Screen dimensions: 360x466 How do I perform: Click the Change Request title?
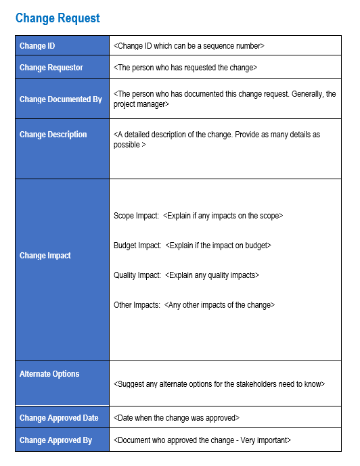pyautogui.click(x=58, y=19)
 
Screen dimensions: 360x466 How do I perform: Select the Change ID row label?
pyautogui.click(x=38, y=46)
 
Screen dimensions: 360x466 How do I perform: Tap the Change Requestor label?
pyautogui.click(x=51, y=68)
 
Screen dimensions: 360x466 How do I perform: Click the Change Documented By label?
pyautogui.click(x=61, y=99)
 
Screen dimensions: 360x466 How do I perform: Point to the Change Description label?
pyautogui.click(x=53, y=135)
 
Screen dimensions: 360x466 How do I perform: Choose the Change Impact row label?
pyautogui.click(x=45, y=256)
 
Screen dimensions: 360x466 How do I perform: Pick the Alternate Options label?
pyautogui.click(x=49, y=374)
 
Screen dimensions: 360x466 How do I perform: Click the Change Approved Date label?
pyautogui.click(x=59, y=418)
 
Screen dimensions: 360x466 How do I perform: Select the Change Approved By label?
pyautogui.click(x=55, y=440)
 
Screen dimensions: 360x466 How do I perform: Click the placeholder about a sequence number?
pyautogui.click(x=189, y=46)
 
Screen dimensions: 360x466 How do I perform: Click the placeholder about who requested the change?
pyautogui.click(x=185, y=68)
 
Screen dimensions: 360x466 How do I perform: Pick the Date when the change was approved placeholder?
pyautogui.click(x=177, y=418)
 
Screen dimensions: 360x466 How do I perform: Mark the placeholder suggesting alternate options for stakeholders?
pyautogui.click(x=219, y=384)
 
